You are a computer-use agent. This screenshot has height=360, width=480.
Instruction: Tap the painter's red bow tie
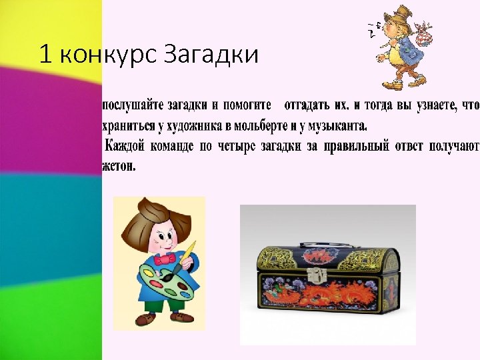tap(166, 257)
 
